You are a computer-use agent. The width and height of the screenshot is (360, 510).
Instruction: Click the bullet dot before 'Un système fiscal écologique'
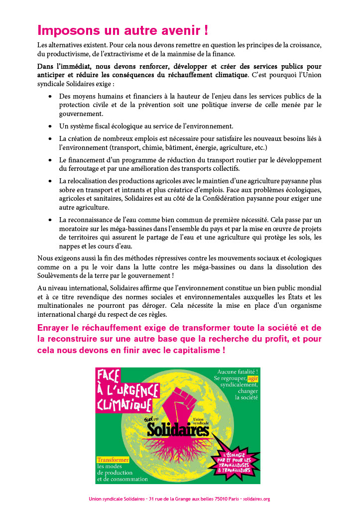pyautogui.click(x=50, y=127)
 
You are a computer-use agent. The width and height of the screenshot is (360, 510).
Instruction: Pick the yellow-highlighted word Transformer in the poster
pyautogui.click(x=113, y=459)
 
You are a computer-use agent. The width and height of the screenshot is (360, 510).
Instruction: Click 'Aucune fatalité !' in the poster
pyautogui.click(x=237, y=371)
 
